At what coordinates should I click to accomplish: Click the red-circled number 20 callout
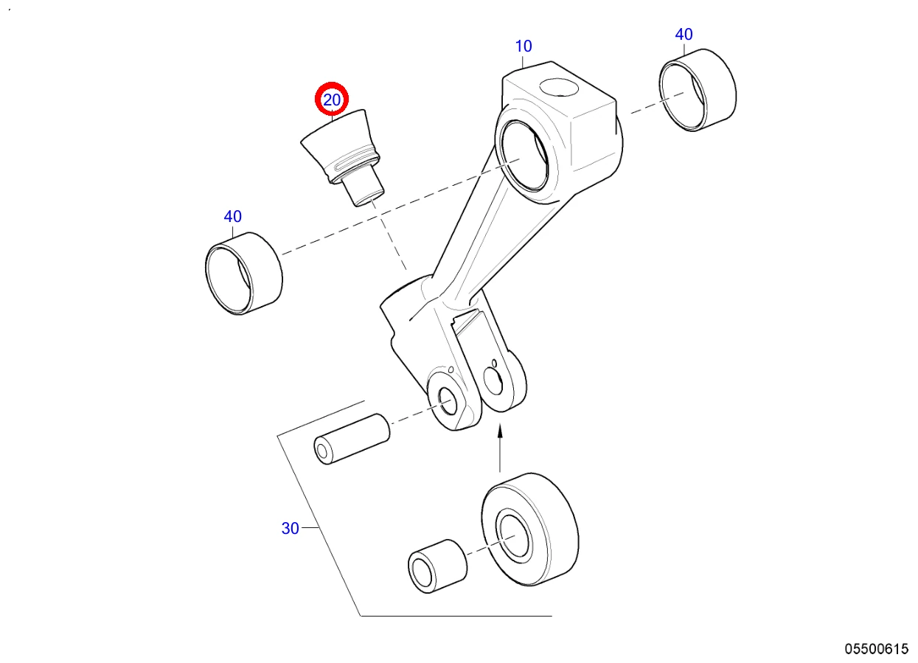(x=332, y=100)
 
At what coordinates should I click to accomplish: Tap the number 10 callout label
(x=524, y=46)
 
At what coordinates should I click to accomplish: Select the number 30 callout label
(x=291, y=529)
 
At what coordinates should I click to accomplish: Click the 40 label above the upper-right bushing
(x=684, y=35)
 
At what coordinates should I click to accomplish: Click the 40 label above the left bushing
(x=233, y=217)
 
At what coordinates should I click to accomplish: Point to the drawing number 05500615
(x=876, y=649)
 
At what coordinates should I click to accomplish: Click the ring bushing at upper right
(x=698, y=90)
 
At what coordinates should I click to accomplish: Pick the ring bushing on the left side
(x=244, y=274)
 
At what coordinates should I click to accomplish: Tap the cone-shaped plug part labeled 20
(x=342, y=158)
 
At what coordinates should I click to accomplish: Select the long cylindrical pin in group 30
(x=352, y=440)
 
